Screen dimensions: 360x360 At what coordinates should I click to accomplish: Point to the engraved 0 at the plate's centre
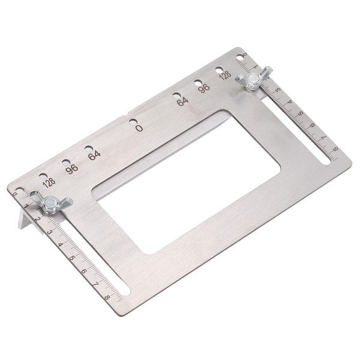point(139,127)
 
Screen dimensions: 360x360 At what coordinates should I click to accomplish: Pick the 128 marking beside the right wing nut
point(225,75)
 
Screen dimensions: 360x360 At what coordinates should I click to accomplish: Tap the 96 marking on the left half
point(72,167)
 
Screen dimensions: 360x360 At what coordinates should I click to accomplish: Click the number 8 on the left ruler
point(107,296)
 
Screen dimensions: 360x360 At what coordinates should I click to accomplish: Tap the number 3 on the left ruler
point(50,231)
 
